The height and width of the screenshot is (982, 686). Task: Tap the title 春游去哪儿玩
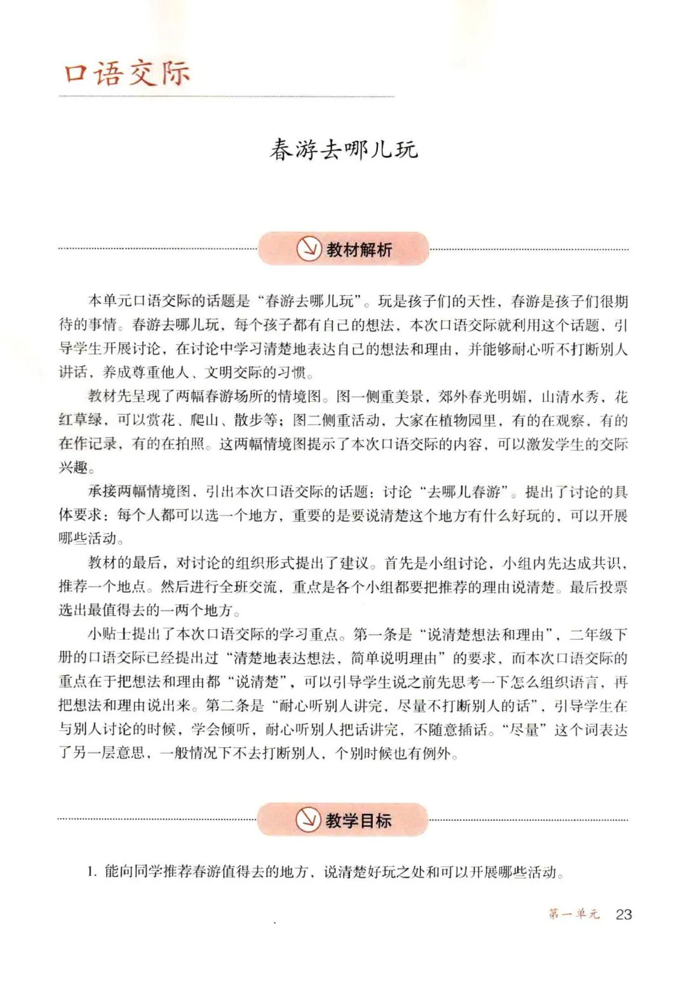pyautogui.click(x=343, y=150)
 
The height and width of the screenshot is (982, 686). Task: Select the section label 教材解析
pyautogui.click(x=359, y=249)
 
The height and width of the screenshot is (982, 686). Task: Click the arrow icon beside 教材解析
pyautogui.click(x=309, y=249)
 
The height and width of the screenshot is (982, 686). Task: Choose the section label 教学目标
pyautogui.click(x=358, y=820)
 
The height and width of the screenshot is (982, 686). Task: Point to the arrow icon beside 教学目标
pyautogui.click(x=308, y=819)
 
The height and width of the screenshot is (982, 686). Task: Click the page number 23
pyautogui.click(x=624, y=914)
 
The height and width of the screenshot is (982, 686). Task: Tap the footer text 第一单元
pyautogui.click(x=574, y=914)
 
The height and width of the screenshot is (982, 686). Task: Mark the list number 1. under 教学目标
pyautogui.click(x=92, y=872)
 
